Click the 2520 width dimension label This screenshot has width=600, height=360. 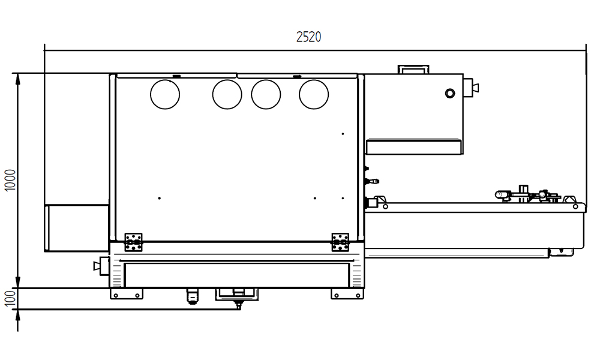click(x=308, y=37)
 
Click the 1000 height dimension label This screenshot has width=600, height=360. click(x=10, y=180)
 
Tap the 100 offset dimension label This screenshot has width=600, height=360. click(x=10, y=298)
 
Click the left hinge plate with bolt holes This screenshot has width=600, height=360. click(x=134, y=242)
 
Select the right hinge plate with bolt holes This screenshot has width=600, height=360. click(x=340, y=242)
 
